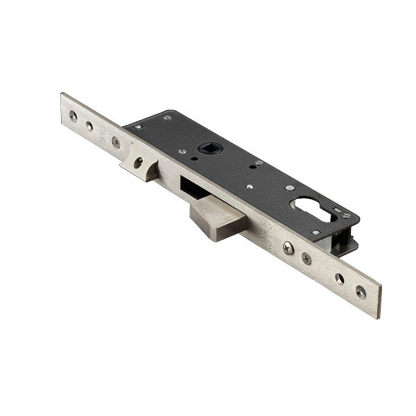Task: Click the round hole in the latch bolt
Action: pos(139,162)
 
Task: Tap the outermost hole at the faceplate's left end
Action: pos(73,116)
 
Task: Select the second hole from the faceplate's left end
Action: pos(89,126)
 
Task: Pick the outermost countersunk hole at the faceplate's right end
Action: pos(361,291)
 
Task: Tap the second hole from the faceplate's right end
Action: pos(339,279)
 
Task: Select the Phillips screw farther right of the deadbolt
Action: pos(306,259)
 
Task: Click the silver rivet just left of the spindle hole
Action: pos(182,151)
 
